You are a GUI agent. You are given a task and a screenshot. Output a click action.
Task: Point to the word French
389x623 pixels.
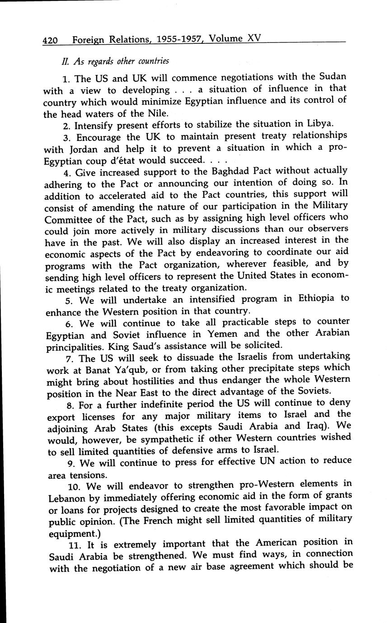(x=197, y=520)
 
